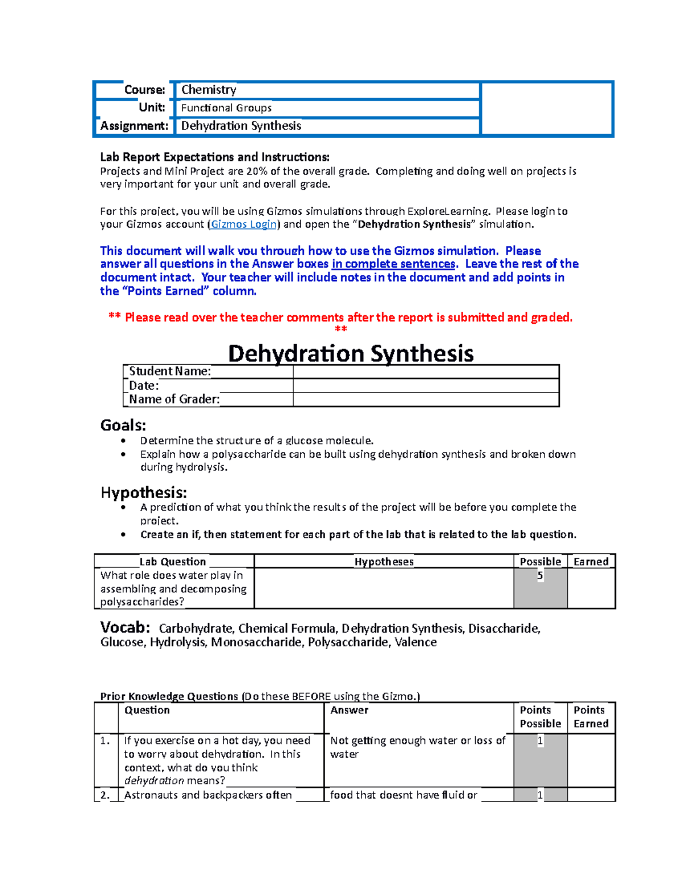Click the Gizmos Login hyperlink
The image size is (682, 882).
click(x=244, y=224)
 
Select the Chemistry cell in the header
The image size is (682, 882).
click(x=209, y=90)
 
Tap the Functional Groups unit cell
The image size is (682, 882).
click(x=226, y=108)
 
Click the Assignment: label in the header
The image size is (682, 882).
click(x=134, y=126)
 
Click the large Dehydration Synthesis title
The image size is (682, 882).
click(x=351, y=353)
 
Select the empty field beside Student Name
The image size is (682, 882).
click(x=426, y=371)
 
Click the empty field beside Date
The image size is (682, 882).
click(x=426, y=386)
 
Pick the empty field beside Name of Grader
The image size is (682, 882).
click(x=426, y=399)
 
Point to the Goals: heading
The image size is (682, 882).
click(x=123, y=425)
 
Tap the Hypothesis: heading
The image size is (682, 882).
click(x=144, y=492)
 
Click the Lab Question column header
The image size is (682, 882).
click(x=173, y=562)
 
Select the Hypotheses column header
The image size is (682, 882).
click(x=384, y=562)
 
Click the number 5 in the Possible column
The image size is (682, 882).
click(x=540, y=576)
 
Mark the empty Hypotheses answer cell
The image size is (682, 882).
click(x=384, y=588)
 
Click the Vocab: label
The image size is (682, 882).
click(x=125, y=628)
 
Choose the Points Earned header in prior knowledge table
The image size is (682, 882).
click(x=590, y=717)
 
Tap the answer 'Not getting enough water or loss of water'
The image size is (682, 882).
click(x=417, y=747)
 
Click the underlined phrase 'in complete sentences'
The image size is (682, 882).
click(x=393, y=264)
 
